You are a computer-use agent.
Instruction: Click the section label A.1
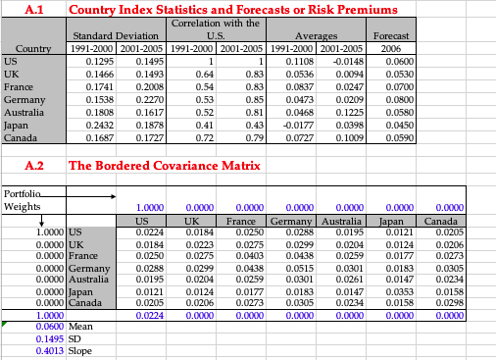click(x=33, y=9)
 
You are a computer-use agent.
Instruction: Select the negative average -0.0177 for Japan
click(x=299, y=124)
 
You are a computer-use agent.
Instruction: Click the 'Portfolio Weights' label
click(x=24, y=200)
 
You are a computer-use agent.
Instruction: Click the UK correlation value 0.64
click(x=204, y=73)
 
